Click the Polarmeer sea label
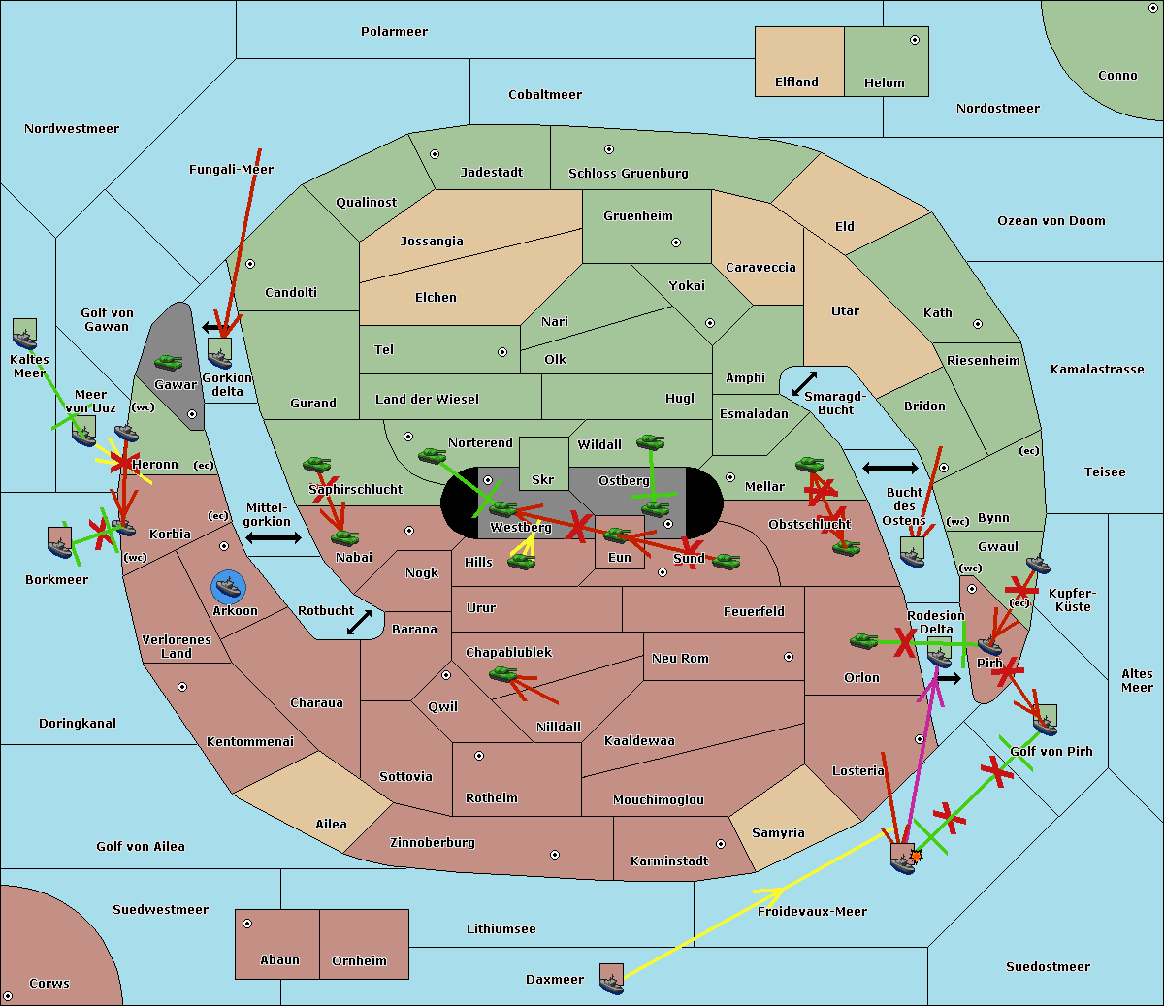coord(394,32)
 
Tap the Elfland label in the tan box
coord(796,82)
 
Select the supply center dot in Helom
coord(914,40)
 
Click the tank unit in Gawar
coord(169,363)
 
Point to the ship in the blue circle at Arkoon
coord(228,587)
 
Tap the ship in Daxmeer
coord(611,979)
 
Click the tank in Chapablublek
coord(503,673)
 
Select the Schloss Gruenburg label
coord(628,174)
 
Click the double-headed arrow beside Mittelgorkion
coord(273,537)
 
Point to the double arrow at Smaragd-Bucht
coord(804,384)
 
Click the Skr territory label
coord(542,479)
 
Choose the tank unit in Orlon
coord(863,641)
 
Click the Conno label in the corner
coord(1117,76)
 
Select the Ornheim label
coord(359,960)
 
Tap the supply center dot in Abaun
coord(247,924)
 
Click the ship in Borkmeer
coord(60,543)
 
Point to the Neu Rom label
coord(680,658)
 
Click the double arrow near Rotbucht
coord(360,622)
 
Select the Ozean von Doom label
coord(1051,221)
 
